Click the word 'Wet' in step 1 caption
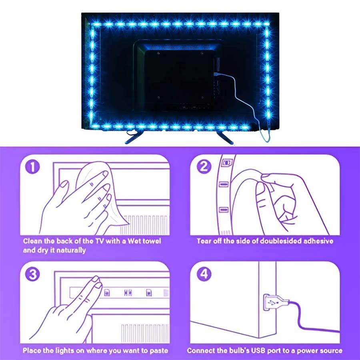[x=127, y=241]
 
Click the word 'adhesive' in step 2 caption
[x=317, y=241]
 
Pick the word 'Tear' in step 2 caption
[x=204, y=241]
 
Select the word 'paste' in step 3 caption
[x=157, y=350]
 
